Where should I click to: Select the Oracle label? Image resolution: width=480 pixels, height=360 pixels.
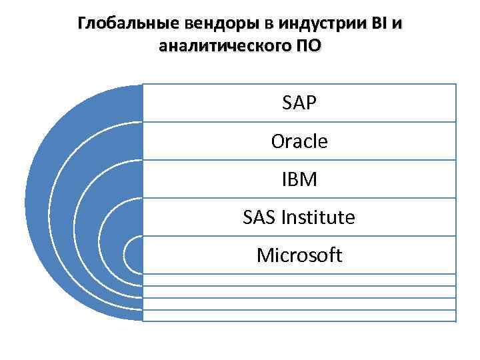point(299,141)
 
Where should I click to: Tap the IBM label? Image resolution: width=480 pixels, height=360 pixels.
point(299,179)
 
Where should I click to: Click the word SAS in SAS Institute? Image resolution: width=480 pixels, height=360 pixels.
point(259,217)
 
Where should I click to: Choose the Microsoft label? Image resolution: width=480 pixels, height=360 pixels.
point(299,255)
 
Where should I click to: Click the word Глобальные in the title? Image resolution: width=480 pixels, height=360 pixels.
point(121,25)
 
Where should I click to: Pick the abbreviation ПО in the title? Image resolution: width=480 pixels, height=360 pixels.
point(307,46)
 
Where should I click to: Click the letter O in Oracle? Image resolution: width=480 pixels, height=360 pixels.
point(278,142)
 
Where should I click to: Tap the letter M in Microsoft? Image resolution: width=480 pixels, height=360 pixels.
point(265,255)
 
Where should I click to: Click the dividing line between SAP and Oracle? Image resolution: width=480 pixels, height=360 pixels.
point(299,122)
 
